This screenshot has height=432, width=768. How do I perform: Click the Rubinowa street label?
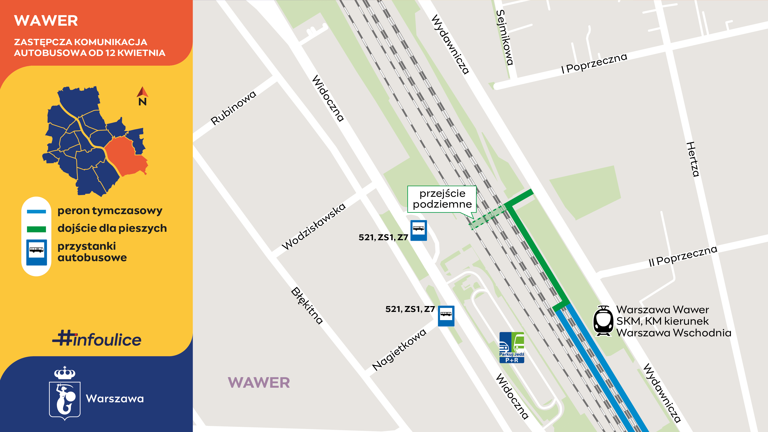[x=233, y=108]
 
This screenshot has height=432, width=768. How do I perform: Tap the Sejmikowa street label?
[x=505, y=38]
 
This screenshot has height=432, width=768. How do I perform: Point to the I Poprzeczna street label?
[x=594, y=63]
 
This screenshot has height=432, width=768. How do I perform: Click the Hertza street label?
[x=693, y=159]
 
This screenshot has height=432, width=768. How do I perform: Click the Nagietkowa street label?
[x=399, y=349]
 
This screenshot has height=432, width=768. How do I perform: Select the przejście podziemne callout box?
[x=442, y=199]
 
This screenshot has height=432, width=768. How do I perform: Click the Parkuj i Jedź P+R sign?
[x=512, y=348]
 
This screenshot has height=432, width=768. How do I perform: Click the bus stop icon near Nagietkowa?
[x=446, y=316]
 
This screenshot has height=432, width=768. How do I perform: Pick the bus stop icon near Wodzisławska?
[x=419, y=230]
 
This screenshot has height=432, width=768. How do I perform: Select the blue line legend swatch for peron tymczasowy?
[x=36, y=212]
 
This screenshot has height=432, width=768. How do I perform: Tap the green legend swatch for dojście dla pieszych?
[x=36, y=229]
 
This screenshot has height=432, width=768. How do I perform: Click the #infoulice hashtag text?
[x=97, y=339]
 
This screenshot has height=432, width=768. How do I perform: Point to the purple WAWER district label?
[x=259, y=383]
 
